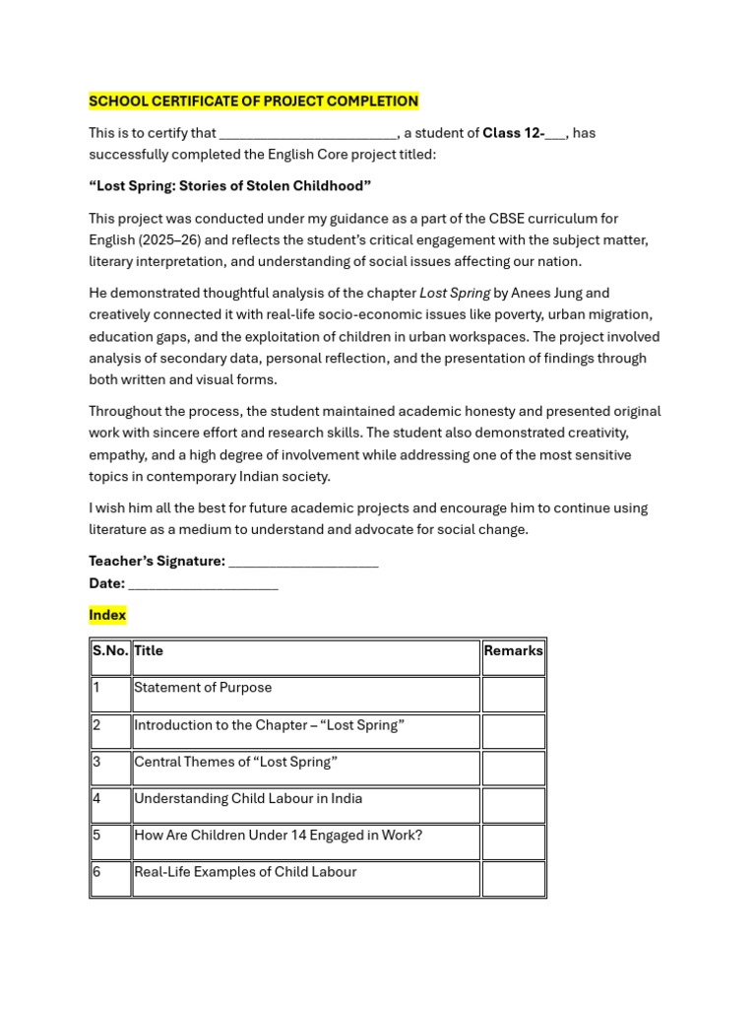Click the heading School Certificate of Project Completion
(253, 101)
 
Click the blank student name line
(308, 134)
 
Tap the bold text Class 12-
(513, 133)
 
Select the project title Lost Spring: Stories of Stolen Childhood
(229, 186)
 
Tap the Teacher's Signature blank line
(303, 562)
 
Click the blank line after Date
(204, 583)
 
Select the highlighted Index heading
(107, 615)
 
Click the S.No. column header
(110, 651)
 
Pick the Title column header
(149, 651)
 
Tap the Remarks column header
(513, 651)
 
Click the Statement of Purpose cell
(203, 688)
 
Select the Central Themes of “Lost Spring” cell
(235, 762)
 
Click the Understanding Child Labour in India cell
(248, 798)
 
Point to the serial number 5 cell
(97, 836)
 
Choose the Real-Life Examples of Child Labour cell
(245, 872)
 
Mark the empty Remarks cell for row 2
(513, 731)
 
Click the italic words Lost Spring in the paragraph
(455, 293)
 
